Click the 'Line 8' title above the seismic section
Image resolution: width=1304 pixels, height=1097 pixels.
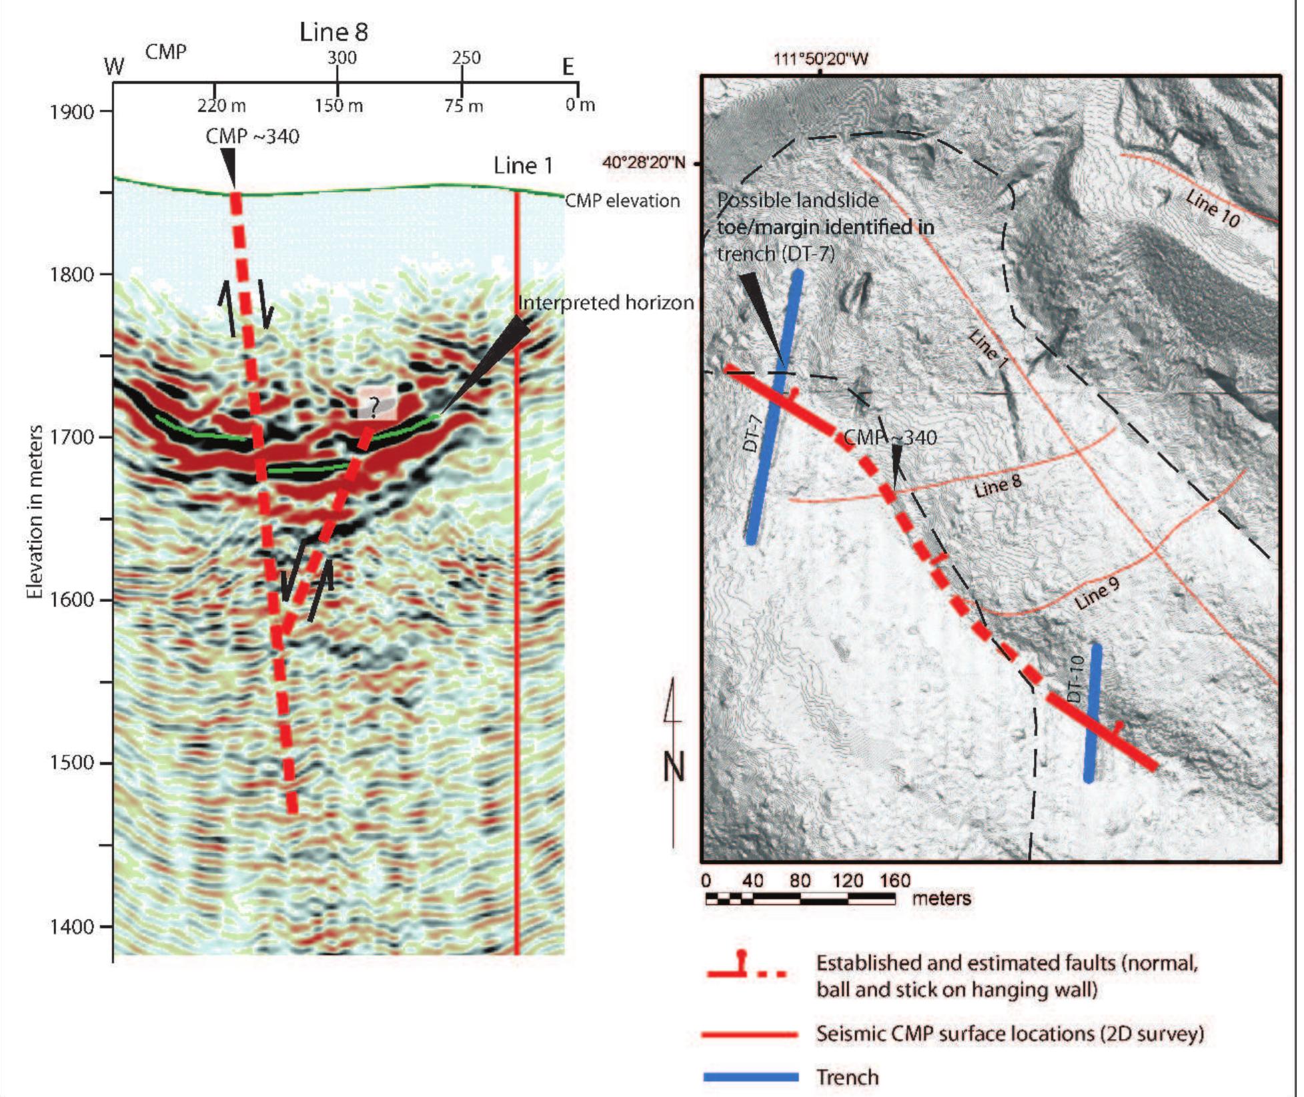point(334,31)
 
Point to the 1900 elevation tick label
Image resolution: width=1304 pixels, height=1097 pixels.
point(72,111)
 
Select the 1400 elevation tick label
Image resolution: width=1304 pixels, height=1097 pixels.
point(72,927)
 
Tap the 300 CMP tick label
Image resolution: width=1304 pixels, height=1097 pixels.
point(342,58)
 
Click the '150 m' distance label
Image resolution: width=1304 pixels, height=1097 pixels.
point(339,106)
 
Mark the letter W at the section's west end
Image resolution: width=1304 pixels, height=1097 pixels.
point(114,66)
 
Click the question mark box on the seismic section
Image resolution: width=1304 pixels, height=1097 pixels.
point(376,404)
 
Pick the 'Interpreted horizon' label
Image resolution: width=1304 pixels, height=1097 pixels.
point(606,303)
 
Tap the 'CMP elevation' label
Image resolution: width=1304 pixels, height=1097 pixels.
point(622,201)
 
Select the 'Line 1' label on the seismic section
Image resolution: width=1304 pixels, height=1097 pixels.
point(524,165)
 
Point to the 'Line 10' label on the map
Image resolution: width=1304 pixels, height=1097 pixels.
point(1213,208)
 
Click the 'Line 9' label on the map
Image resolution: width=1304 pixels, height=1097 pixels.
point(1097,593)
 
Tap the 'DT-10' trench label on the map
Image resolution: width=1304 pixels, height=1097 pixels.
point(1076,679)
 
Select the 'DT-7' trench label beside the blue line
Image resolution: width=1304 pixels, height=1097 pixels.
point(752,433)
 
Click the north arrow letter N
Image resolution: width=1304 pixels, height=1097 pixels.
point(674,768)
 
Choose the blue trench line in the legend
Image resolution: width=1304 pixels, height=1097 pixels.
point(751,1077)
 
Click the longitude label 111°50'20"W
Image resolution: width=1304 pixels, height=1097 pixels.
point(820,59)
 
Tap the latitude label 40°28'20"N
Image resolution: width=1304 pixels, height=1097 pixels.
point(644,163)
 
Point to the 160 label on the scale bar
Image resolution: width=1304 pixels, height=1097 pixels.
point(895,881)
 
